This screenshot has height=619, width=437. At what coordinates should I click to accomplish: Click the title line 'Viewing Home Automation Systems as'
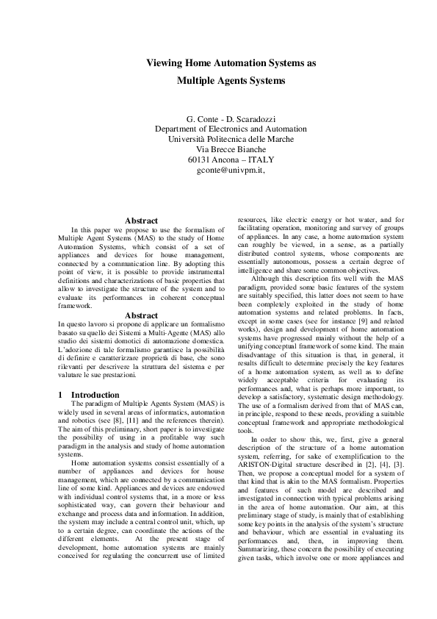[x=231, y=64]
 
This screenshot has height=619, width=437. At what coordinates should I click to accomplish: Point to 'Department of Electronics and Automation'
[x=231, y=129]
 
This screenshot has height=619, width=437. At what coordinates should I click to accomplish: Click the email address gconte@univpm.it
[x=230, y=170]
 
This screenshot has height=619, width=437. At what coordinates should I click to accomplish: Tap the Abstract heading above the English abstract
[x=141, y=221]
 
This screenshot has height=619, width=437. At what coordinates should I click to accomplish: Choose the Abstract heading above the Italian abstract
[x=141, y=315]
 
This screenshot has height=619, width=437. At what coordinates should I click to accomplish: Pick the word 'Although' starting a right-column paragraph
[x=266, y=279]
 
